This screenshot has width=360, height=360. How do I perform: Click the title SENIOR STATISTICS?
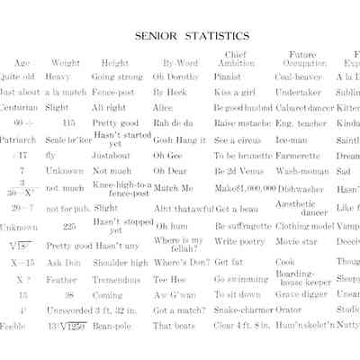point(192,37)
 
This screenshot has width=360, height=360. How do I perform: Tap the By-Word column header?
point(180,63)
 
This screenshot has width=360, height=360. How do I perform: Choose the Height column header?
point(114,63)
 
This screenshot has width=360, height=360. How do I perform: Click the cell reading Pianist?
point(228,77)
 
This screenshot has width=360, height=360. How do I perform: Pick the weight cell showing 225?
point(69,227)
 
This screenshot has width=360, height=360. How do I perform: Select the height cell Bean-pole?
point(111,325)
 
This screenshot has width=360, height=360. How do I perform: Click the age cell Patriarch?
point(18,140)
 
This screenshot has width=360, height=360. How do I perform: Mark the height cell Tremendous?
point(118,279)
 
